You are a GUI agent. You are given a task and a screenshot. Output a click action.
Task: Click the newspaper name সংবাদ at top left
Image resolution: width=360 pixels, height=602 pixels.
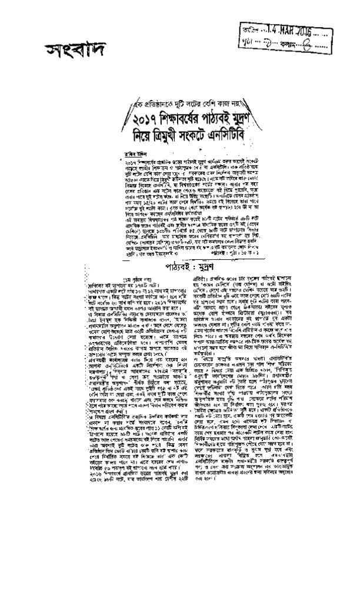point(64,51)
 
